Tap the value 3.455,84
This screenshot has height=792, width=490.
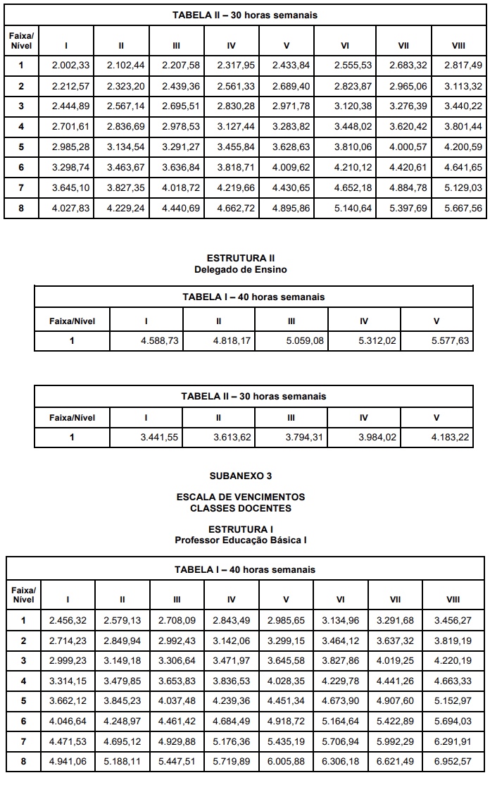click(232, 147)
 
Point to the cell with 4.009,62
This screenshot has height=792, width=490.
click(287, 168)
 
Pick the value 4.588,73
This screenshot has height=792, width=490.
click(159, 341)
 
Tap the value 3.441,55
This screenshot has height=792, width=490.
click(159, 438)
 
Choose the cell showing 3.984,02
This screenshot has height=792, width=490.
click(377, 438)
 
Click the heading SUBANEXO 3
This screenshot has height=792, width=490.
click(241, 476)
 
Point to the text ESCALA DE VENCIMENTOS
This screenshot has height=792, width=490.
click(241, 497)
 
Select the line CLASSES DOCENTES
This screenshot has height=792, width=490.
click(241, 508)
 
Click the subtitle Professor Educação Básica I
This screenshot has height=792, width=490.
click(241, 540)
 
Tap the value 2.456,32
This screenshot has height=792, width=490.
click(68, 620)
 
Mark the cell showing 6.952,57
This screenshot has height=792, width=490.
click(453, 762)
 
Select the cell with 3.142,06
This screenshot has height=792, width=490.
click(232, 641)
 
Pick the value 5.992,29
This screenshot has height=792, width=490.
click(395, 742)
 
